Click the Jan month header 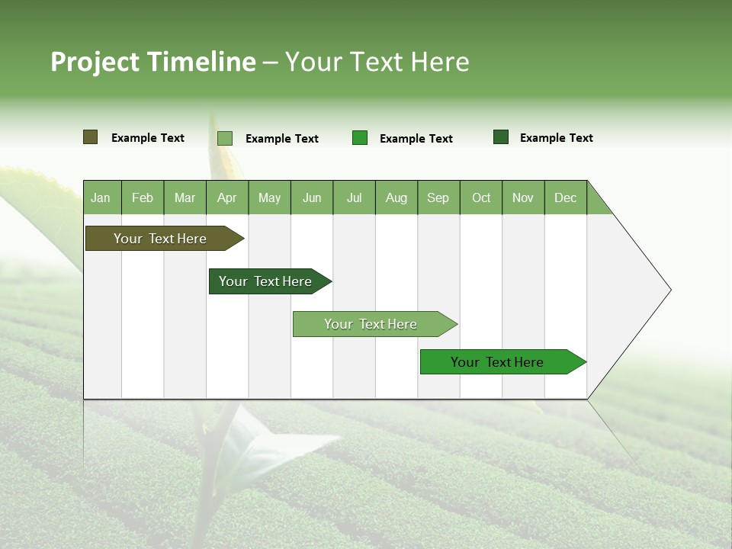pos(101,197)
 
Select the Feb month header pos(143,197)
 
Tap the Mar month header pos(185,197)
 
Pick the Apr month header pos(227,197)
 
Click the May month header pos(269,197)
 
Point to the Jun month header pos(312,197)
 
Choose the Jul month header pos(354,197)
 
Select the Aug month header pos(396,197)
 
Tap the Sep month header pos(438,197)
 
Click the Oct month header pos(481,197)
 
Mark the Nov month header pos(523,197)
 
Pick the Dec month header pos(565,197)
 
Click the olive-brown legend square pos(91,137)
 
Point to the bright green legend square pos(360,138)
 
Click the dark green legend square pos(501,137)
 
